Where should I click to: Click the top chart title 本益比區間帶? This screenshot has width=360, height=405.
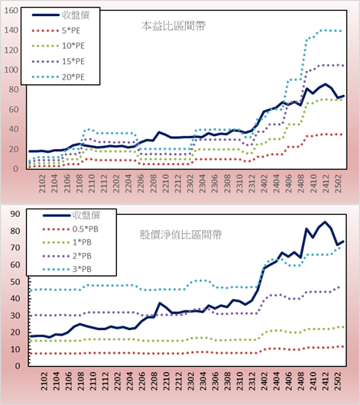174,26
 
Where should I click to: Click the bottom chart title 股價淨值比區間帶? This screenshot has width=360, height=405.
180,235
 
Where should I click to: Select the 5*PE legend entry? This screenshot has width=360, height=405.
71,31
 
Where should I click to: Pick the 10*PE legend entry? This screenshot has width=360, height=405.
73,46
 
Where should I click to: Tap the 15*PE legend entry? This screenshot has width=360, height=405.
73,61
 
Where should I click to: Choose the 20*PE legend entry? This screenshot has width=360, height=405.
73,77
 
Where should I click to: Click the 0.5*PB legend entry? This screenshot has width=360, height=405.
86,229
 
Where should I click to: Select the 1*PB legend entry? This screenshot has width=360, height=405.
82,242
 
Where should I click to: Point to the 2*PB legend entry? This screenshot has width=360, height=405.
82,256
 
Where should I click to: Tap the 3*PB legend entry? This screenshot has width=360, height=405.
82,269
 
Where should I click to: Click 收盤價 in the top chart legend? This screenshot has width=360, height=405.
76,15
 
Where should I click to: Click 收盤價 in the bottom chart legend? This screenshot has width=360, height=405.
86,215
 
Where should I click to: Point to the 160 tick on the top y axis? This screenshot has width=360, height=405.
11,11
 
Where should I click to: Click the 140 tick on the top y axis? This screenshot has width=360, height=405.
11,31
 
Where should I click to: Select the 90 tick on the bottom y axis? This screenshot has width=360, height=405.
15,214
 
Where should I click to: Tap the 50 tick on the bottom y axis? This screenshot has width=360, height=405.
15,282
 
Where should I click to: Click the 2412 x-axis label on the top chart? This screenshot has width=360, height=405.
326,183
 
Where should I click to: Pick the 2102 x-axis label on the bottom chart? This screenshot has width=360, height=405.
44,381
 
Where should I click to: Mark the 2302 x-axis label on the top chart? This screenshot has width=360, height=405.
190,183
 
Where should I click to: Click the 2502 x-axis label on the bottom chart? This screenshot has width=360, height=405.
338,381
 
